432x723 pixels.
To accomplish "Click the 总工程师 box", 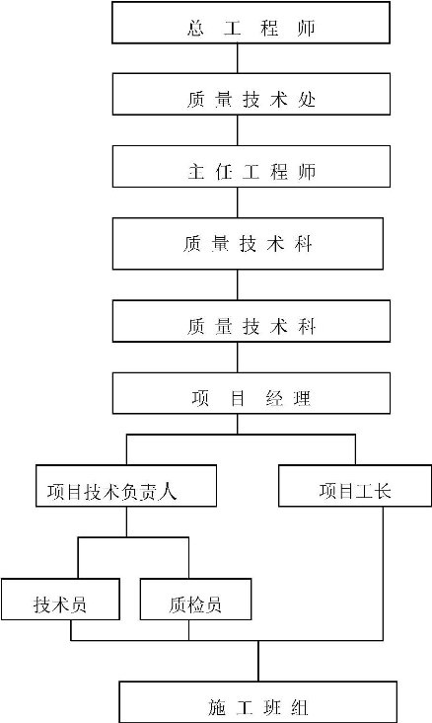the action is (x=251, y=23).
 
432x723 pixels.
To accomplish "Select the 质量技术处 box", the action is (x=251, y=94).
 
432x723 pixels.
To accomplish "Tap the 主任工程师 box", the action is (x=251, y=167).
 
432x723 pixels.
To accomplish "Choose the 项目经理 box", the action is (x=251, y=393).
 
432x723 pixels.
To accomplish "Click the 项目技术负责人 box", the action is (x=126, y=486).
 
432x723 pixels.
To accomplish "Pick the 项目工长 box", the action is (x=355, y=486).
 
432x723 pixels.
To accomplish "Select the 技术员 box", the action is (x=60, y=600).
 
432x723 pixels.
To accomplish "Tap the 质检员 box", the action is (x=195, y=600).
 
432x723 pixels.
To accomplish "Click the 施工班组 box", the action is (x=257, y=702).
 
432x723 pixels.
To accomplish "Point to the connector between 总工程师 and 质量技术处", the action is (x=238, y=58).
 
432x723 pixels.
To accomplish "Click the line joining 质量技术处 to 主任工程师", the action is (x=238, y=130).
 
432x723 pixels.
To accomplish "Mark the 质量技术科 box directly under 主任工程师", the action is (x=248, y=243).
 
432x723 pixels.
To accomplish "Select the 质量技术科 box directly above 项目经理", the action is (x=251, y=321).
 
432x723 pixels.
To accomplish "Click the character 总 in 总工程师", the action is (x=195, y=28).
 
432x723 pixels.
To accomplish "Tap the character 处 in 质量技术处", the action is (x=307, y=100).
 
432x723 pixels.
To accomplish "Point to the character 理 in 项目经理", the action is (x=302, y=398).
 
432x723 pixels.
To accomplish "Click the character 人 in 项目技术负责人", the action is (x=168, y=492).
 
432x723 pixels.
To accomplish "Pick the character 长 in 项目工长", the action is (x=382, y=491).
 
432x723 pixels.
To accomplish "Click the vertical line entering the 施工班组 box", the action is (x=258, y=661).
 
